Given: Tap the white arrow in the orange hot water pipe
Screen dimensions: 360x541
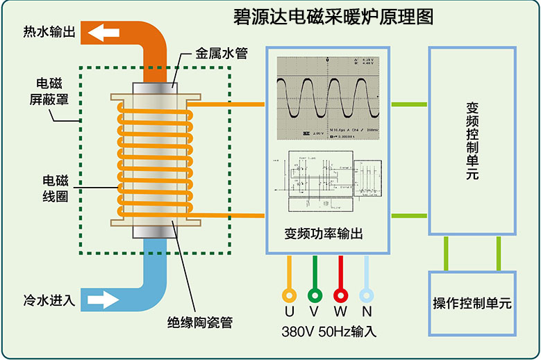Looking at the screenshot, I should (x=104, y=32).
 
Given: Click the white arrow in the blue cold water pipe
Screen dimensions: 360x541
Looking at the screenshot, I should (x=103, y=300).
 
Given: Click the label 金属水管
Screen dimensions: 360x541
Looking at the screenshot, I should (x=221, y=53).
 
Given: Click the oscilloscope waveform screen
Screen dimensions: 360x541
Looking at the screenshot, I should (x=328, y=97).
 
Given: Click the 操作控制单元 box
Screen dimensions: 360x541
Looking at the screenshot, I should (x=472, y=303).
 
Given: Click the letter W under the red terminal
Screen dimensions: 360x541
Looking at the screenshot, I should (x=340, y=312).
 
